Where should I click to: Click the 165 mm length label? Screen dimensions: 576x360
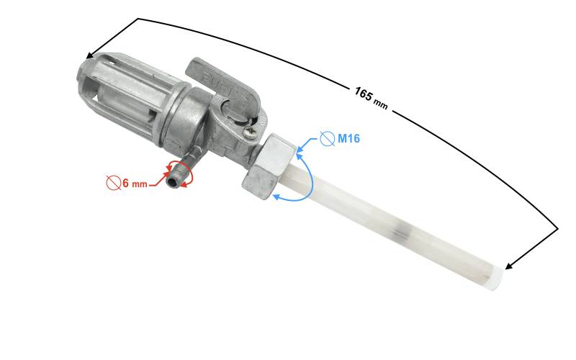click(371, 98)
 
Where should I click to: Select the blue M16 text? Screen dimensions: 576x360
click(348, 138)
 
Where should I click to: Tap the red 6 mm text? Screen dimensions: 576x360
click(135, 183)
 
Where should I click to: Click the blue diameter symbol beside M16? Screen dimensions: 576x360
click(327, 139)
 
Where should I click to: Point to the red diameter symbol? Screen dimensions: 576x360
click(114, 183)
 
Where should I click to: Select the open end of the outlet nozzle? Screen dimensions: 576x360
click(172, 181)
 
